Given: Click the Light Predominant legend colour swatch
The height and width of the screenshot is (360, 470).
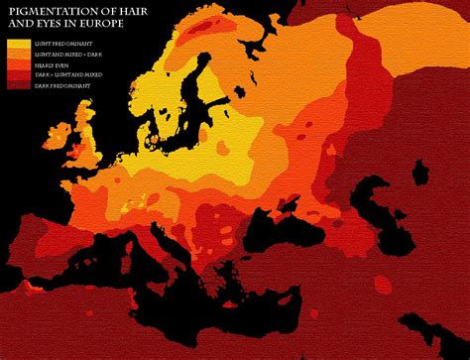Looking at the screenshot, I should pyautogui.click(x=18, y=44).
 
